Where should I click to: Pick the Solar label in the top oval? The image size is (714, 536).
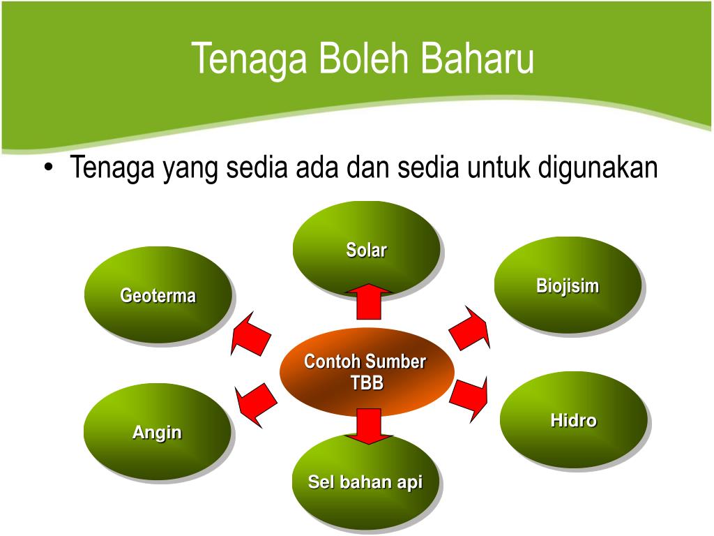(x=366, y=250)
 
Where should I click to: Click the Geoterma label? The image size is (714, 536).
(x=158, y=296)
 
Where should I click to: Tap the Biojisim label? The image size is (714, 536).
(x=568, y=285)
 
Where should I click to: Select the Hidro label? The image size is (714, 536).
(x=573, y=420)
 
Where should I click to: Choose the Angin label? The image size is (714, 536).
(x=157, y=432)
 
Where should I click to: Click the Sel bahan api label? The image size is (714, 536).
(x=365, y=482)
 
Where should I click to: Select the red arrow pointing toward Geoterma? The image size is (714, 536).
(x=251, y=334)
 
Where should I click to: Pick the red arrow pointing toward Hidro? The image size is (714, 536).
(x=469, y=397)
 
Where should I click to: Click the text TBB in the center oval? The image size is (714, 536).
(x=366, y=382)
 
